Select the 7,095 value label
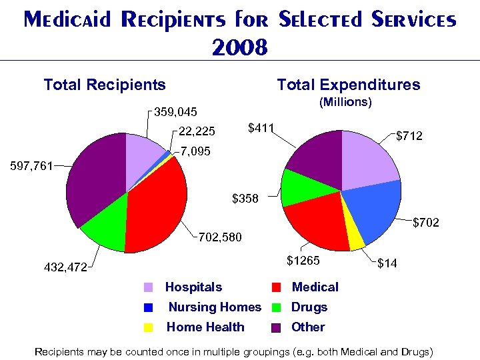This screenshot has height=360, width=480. [x=195, y=152]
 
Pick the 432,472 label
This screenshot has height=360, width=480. [x=65, y=267]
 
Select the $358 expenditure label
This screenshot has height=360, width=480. [x=245, y=198]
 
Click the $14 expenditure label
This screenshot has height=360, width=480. [x=388, y=264]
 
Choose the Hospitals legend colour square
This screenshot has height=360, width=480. [x=149, y=288]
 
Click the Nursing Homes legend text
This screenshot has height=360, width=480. [x=214, y=307]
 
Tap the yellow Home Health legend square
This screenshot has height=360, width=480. [x=149, y=327]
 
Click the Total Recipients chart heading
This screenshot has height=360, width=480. [x=105, y=85]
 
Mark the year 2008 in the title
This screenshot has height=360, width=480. [x=239, y=47]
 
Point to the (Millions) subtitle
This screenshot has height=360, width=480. [x=345, y=102]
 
